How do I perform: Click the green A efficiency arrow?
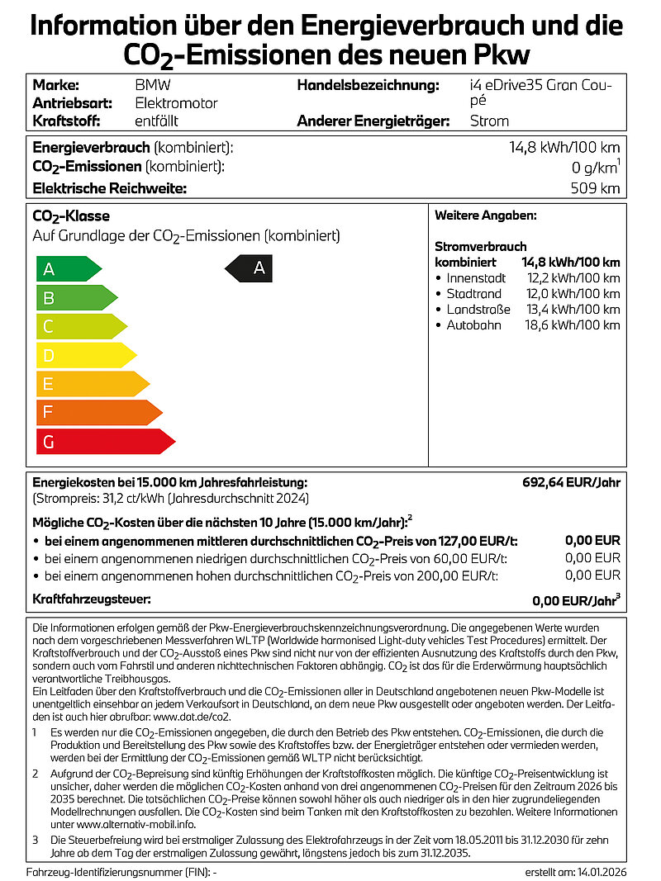click(66, 269)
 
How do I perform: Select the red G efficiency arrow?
click(103, 442)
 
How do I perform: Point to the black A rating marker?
click(250, 268)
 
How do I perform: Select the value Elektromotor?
click(176, 103)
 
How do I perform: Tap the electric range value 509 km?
click(595, 188)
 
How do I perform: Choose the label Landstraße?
click(478, 310)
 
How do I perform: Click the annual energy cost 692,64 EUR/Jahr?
click(571, 482)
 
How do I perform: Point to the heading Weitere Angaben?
click(486, 216)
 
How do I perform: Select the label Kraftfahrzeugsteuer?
click(92, 599)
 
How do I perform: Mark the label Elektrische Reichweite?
click(110, 188)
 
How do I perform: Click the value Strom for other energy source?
click(489, 121)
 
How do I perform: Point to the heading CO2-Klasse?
click(70, 217)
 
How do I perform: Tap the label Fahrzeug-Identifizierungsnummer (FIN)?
click(118, 872)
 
